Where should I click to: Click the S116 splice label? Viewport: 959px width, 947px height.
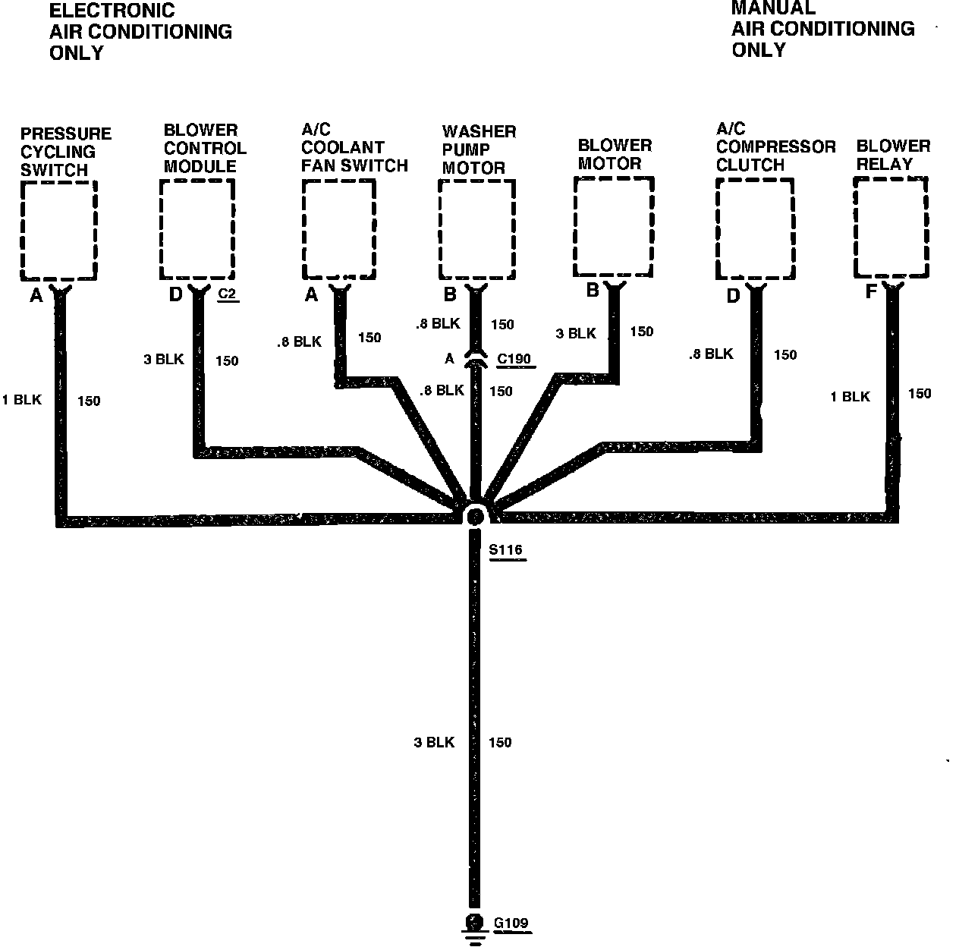tap(506, 550)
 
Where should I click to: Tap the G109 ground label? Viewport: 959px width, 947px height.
tap(511, 923)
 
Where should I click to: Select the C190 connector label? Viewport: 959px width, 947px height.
tap(514, 358)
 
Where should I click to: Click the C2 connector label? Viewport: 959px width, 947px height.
tap(228, 293)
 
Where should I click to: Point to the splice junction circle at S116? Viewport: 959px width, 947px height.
tap(475, 517)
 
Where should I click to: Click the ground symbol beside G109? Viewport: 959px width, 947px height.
tap(474, 927)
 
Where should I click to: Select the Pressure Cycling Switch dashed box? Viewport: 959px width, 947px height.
tap(58, 229)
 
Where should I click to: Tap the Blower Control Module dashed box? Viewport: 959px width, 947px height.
tap(197, 229)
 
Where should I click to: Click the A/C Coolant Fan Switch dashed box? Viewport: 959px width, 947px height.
tap(338, 229)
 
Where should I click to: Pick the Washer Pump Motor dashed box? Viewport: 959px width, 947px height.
tap(478, 229)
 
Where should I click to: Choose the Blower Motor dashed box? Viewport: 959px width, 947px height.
tap(613, 227)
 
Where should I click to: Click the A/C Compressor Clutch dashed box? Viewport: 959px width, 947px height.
tap(755, 229)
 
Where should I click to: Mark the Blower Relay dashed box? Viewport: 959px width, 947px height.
tap(891, 227)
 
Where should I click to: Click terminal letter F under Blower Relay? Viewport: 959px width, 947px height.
tap(871, 291)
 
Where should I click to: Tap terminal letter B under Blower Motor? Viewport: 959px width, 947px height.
tap(592, 290)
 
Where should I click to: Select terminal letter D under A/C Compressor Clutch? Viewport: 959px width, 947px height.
tap(733, 296)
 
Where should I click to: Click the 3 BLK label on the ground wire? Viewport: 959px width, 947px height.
tap(434, 742)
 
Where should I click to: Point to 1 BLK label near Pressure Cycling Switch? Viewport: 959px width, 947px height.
tap(21, 400)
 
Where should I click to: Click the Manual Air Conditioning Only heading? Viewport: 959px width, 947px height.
tap(822, 29)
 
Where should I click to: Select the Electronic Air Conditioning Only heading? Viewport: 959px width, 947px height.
tap(140, 32)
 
